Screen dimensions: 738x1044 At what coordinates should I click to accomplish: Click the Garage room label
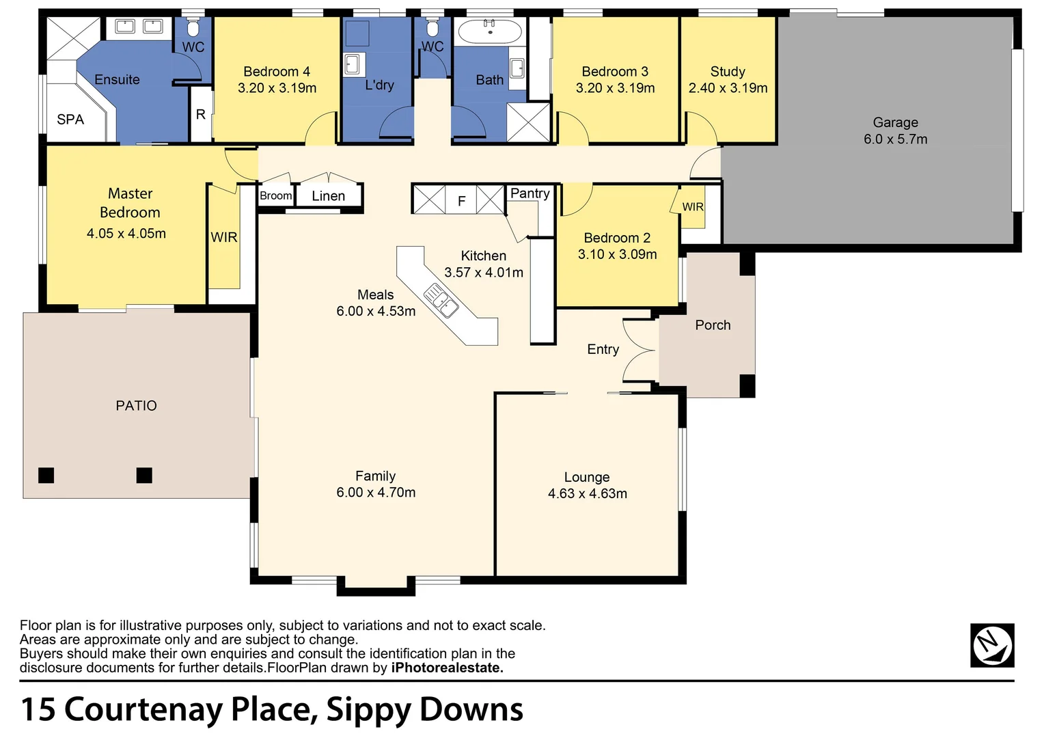tap(895, 122)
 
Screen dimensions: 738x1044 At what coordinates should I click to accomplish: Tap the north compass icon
tap(992, 645)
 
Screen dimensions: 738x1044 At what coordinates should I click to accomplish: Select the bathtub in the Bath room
tap(489, 31)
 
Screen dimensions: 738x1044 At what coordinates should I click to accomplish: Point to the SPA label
tap(70, 120)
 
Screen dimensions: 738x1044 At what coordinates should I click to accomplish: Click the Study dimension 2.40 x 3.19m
tap(728, 88)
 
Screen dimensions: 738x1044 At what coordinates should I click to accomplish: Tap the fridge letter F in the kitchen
tap(461, 201)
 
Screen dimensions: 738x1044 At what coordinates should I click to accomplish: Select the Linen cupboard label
tap(328, 196)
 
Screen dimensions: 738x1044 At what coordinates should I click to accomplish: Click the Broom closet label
tap(275, 196)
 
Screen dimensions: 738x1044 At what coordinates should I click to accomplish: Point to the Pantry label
tap(530, 193)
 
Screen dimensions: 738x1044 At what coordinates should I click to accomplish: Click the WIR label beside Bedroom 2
tap(692, 207)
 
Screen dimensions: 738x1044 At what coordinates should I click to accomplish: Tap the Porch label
tap(713, 325)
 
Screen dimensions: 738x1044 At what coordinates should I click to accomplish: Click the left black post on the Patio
tap(46, 475)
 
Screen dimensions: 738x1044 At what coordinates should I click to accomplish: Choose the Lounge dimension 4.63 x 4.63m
tap(587, 493)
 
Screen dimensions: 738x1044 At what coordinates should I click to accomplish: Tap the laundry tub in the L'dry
tap(352, 64)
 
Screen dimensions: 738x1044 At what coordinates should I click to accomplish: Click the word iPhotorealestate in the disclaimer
tap(447, 668)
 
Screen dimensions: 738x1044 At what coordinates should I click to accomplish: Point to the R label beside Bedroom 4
tap(200, 115)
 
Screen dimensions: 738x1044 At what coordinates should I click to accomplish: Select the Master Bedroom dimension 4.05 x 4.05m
tap(126, 234)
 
